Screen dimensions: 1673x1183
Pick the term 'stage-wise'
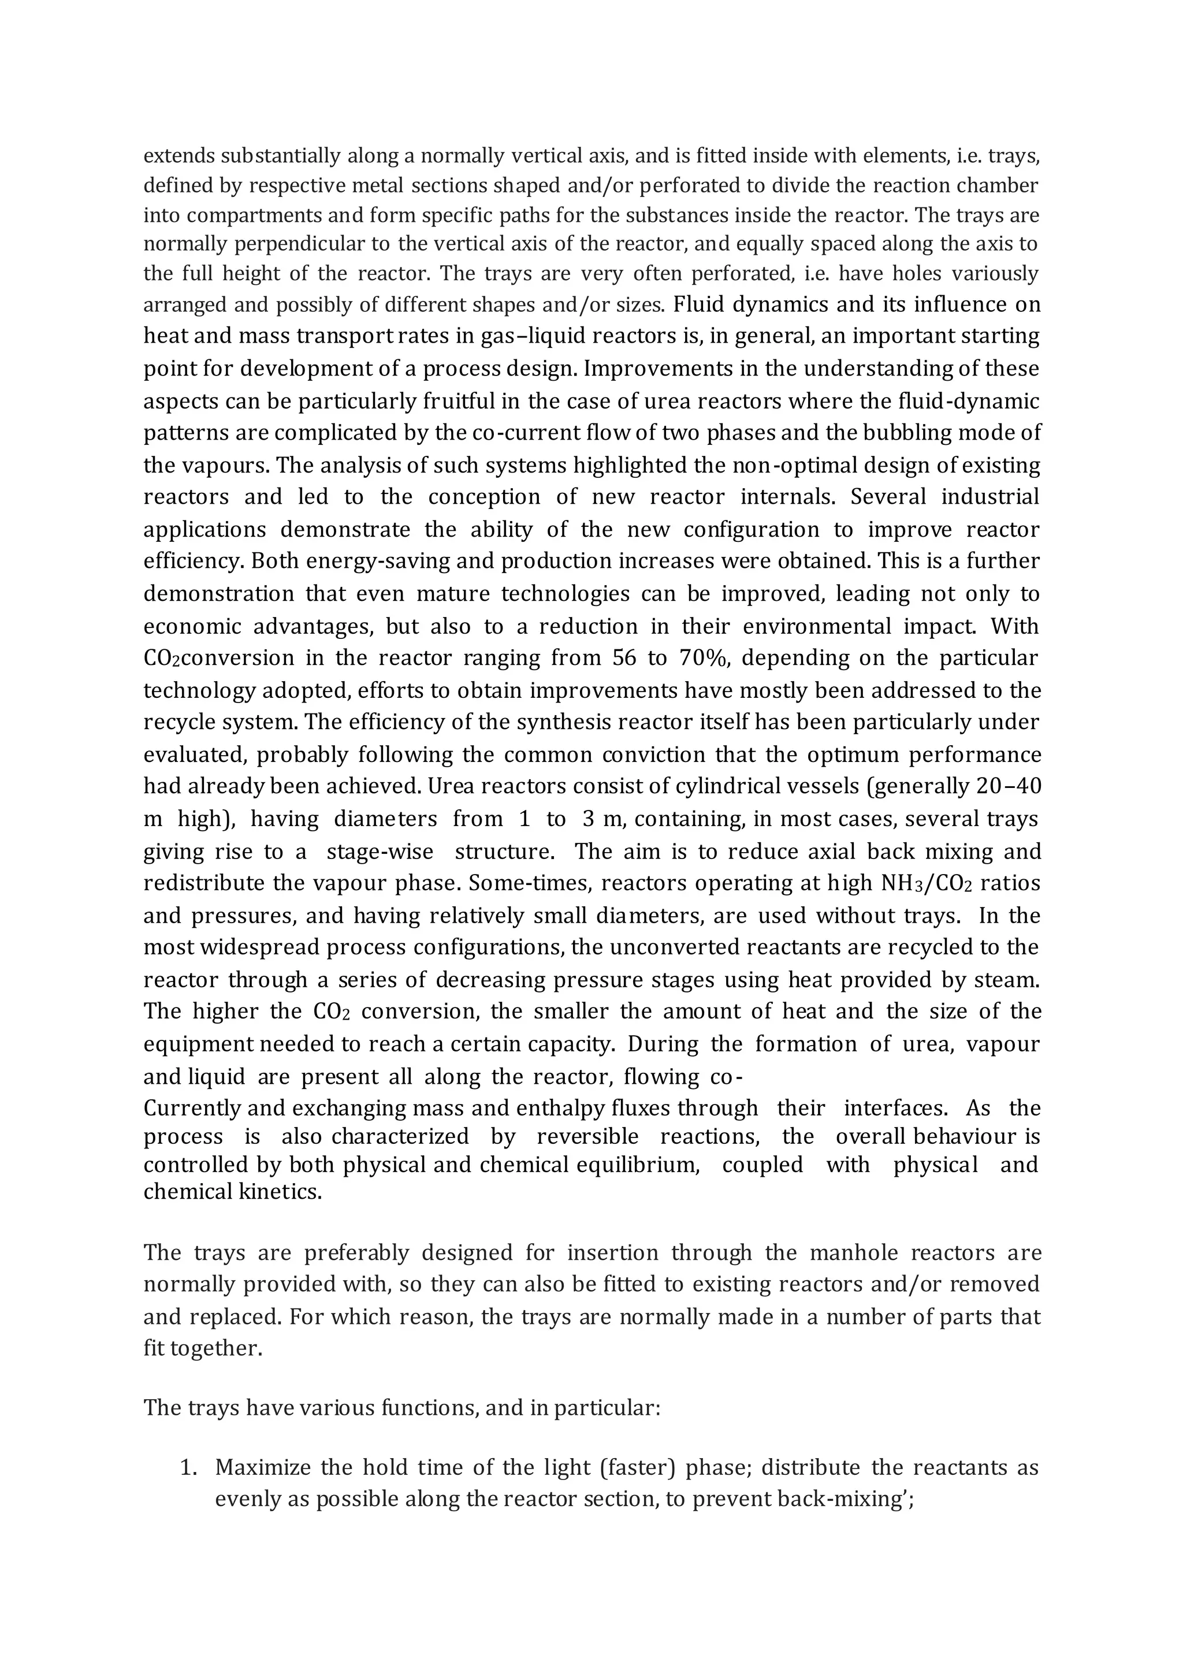click(x=380, y=851)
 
